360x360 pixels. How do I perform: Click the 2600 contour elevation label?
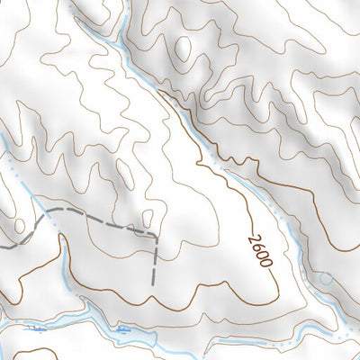[258, 247]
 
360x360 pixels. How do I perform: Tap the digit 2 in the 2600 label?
[253, 231]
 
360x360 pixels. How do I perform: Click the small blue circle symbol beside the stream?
[324, 280]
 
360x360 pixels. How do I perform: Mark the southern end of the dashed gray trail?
[155, 282]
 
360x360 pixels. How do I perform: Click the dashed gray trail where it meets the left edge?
[3, 244]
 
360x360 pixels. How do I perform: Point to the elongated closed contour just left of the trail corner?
[142, 216]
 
